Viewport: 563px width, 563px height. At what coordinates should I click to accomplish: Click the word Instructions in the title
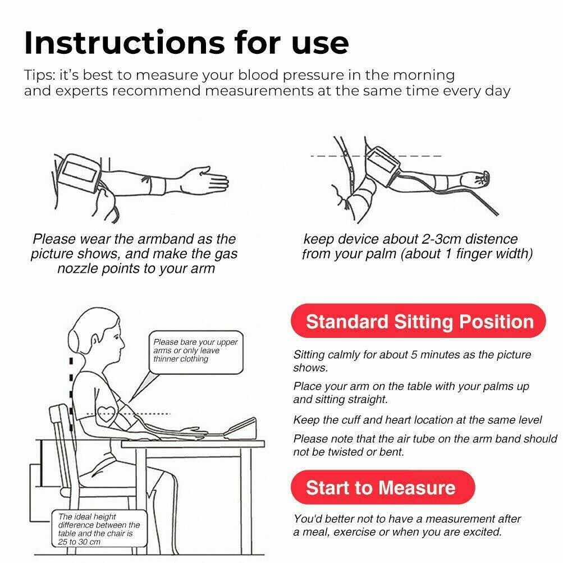(125, 43)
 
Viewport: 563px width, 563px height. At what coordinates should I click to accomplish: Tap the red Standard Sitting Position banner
(418, 321)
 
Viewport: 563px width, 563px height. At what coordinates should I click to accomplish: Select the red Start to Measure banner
(383, 487)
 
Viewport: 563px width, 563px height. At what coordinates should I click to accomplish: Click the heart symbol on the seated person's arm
(106, 414)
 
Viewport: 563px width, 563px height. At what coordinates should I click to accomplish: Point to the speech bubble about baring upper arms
(196, 352)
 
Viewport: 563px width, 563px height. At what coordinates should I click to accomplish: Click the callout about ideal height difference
(99, 529)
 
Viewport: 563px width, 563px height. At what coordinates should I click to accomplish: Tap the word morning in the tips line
(424, 75)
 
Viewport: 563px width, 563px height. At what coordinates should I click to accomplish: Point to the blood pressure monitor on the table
(239, 428)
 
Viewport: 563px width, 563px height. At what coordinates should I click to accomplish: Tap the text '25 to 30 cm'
(79, 542)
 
